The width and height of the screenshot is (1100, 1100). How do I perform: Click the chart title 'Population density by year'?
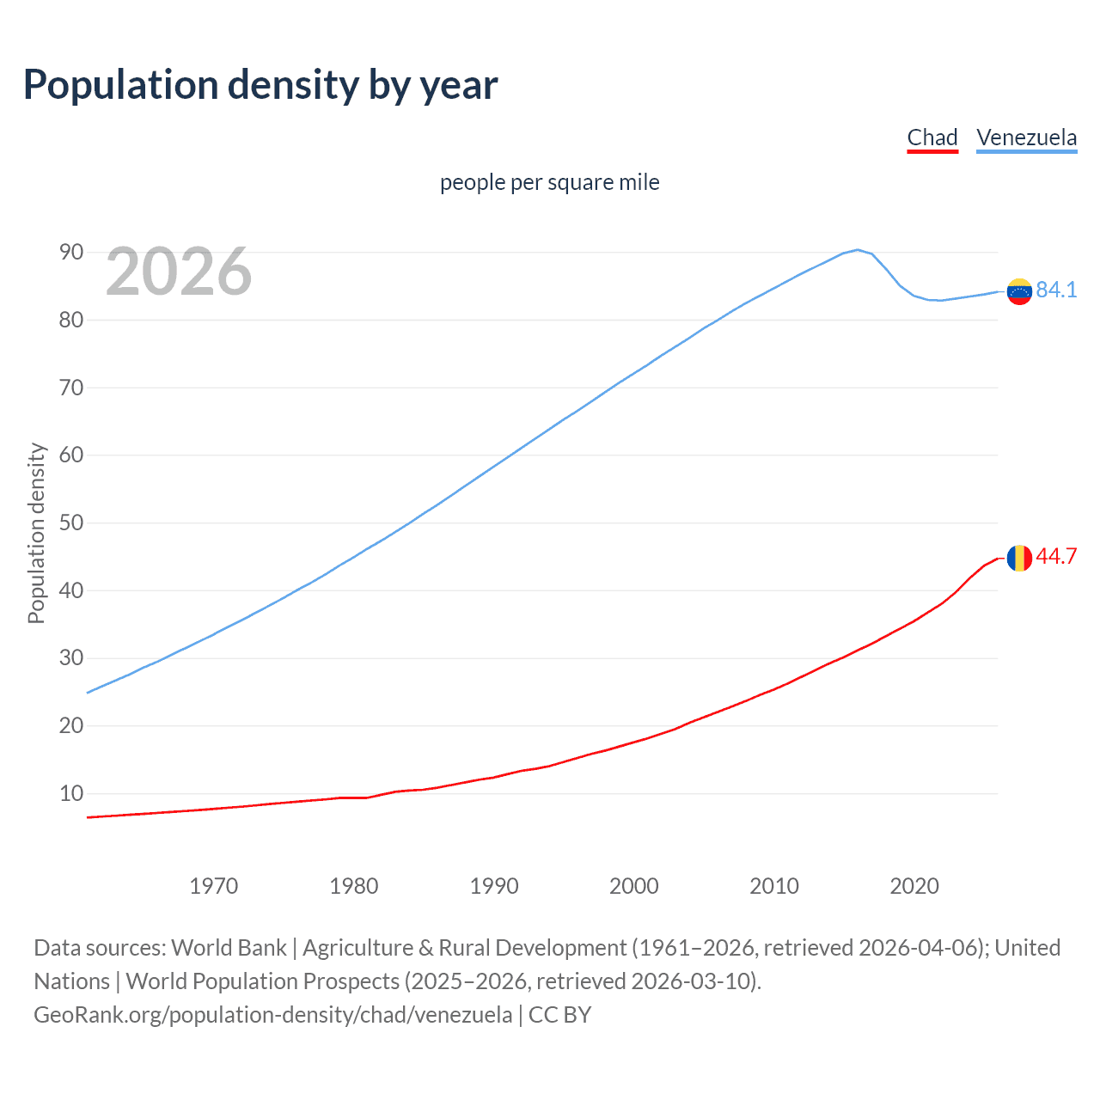coord(260,85)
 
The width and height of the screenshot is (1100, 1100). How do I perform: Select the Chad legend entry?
coord(932,137)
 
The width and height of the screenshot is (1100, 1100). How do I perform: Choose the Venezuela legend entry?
coord(1026,137)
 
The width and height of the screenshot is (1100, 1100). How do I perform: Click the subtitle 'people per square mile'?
coord(549,183)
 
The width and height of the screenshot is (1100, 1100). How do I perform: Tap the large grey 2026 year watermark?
coord(179,272)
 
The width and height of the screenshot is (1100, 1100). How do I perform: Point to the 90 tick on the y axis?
coord(71,253)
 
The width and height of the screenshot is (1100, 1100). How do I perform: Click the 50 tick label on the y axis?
coord(71,523)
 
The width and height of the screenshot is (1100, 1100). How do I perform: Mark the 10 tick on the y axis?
coord(71,794)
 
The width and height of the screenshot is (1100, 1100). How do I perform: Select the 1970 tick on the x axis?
coord(213,886)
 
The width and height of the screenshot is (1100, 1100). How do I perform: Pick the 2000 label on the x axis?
coord(633,886)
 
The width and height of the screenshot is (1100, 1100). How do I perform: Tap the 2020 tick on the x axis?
coord(914,886)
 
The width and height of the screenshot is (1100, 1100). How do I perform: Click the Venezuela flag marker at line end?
coord(1019,291)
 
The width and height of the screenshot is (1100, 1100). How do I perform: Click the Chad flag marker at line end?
coord(1019,558)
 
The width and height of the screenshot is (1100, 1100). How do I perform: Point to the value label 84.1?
coord(1056,290)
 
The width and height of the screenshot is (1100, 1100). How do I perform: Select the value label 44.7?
coord(1056,557)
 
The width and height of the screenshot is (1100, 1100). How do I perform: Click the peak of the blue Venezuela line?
coord(857,250)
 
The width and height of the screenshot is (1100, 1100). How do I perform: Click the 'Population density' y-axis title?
coord(36,533)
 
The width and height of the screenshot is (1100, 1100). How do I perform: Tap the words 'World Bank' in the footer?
coord(229,948)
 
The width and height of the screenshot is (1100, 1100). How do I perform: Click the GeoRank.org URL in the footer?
coord(272,1015)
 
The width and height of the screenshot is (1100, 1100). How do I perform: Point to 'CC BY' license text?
coord(559,1015)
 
